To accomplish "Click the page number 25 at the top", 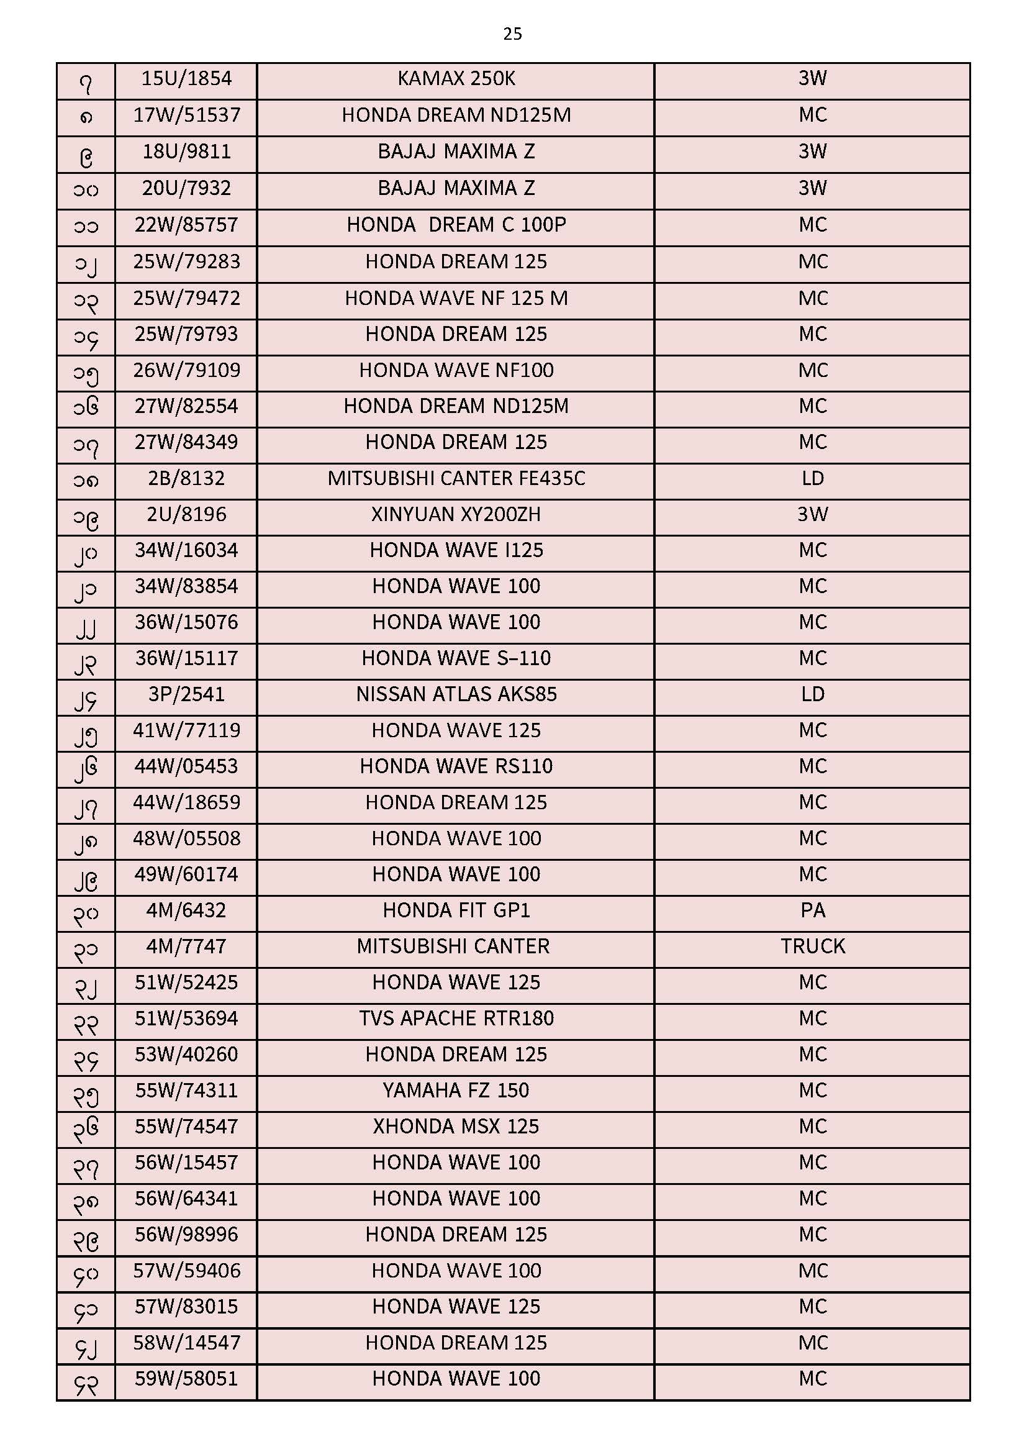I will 512,34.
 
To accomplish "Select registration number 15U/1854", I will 186,79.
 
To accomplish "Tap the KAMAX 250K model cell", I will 456,79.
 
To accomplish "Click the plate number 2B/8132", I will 186,479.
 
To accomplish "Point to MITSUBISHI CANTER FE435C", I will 456,479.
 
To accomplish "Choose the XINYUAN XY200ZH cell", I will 456,515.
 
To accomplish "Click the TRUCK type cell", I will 812,946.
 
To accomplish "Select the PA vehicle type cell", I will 812,910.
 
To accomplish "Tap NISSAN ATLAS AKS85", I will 456,695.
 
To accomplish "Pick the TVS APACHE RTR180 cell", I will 456,1019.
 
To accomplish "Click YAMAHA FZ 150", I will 456,1091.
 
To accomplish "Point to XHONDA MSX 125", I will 456,1127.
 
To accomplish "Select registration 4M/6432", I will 186,910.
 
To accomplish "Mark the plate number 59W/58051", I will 186,1379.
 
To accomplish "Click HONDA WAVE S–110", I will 456,659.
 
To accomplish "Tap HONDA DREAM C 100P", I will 456,225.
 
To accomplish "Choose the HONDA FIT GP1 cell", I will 456,910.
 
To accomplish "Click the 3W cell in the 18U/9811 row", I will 812,152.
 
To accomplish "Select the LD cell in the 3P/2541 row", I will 812,695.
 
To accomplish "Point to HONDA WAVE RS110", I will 456,766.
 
